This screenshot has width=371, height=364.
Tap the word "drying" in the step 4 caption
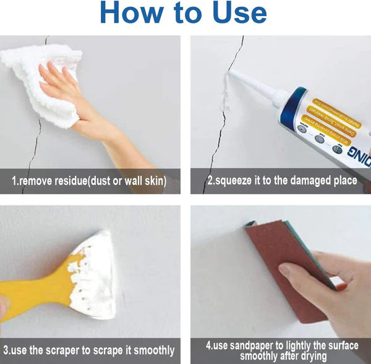coord(313,355)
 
